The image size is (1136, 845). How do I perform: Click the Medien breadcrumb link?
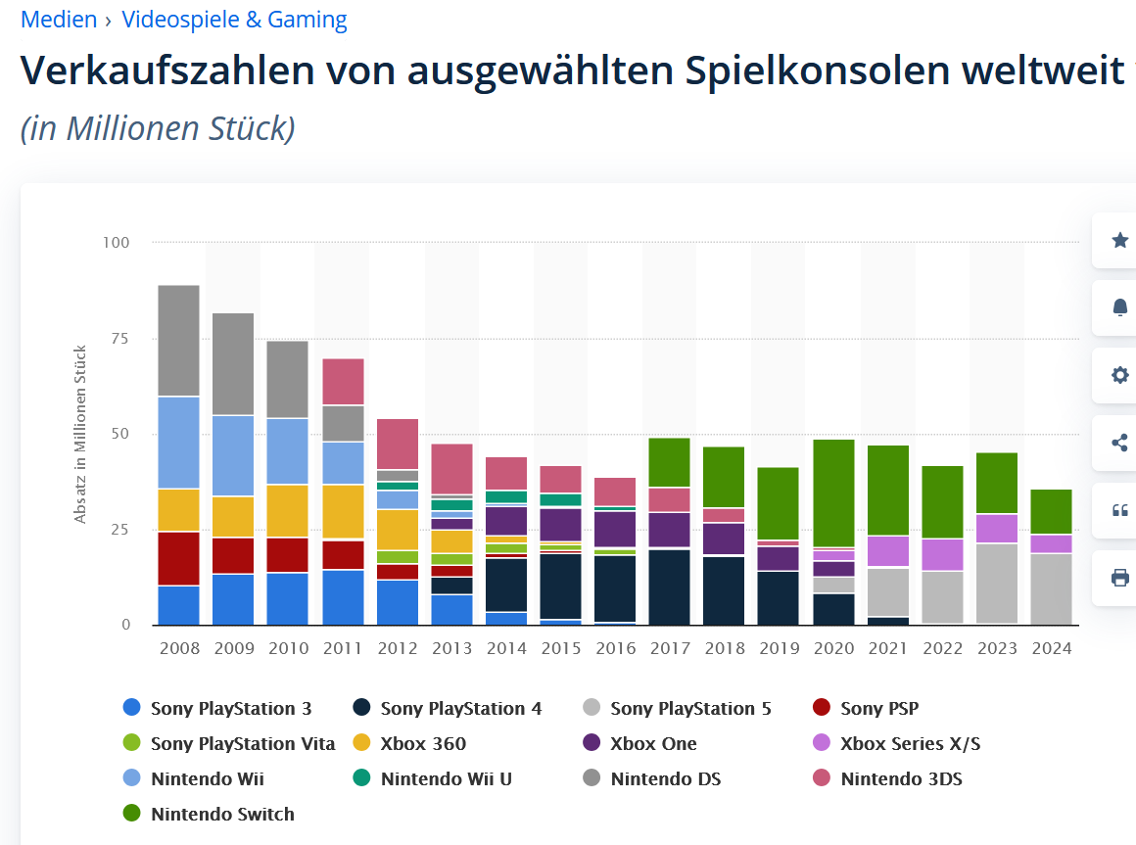[x=59, y=20]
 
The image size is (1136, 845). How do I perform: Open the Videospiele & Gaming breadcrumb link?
[x=234, y=20]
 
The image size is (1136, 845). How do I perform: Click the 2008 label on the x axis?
[x=179, y=648]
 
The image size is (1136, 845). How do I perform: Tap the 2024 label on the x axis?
[x=1052, y=648]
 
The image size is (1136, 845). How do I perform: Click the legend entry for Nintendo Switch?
[x=222, y=814]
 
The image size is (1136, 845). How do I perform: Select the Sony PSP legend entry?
[x=879, y=708]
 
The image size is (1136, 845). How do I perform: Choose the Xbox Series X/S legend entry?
[x=910, y=743]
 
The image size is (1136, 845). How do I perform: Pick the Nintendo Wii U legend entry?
[x=446, y=778]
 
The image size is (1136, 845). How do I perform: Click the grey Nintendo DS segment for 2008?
[x=179, y=341]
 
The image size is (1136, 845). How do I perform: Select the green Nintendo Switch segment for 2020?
[x=834, y=493]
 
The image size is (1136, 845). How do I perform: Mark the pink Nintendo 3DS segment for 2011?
[x=344, y=382]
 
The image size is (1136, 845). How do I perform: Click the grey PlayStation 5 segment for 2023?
[x=997, y=584]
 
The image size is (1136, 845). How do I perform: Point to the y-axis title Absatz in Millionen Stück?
[x=80, y=434]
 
